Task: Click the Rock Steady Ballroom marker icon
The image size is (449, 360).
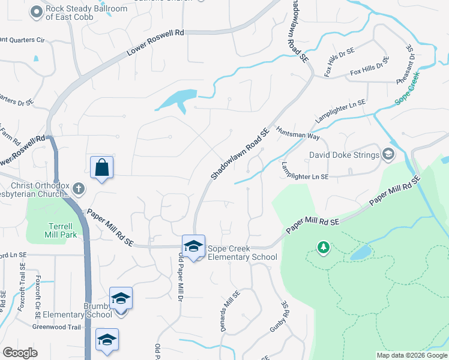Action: coord(37,11)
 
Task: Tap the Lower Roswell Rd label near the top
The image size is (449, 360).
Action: coord(155,43)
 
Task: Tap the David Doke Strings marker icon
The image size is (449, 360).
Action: coord(388,155)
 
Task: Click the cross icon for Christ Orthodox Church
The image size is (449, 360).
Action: coord(78,190)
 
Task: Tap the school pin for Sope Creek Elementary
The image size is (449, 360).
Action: coord(194,246)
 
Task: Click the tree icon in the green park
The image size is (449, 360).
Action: coord(324,247)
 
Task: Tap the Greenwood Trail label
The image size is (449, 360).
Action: coord(56,327)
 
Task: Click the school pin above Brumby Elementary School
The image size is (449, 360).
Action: coord(121,298)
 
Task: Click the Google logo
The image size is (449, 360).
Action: coord(20,353)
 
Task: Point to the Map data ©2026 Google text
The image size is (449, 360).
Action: coord(412,355)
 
